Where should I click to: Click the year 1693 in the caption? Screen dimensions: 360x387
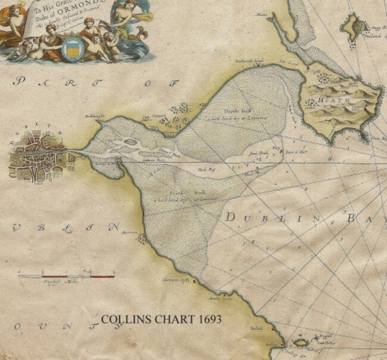[x=208, y=320]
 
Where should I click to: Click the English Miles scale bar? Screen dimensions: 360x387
[x=65, y=276]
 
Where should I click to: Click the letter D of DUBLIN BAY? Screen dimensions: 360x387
[x=230, y=218]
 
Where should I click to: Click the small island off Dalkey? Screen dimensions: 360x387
[x=298, y=343]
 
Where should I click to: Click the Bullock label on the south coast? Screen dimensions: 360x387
[x=257, y=327]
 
